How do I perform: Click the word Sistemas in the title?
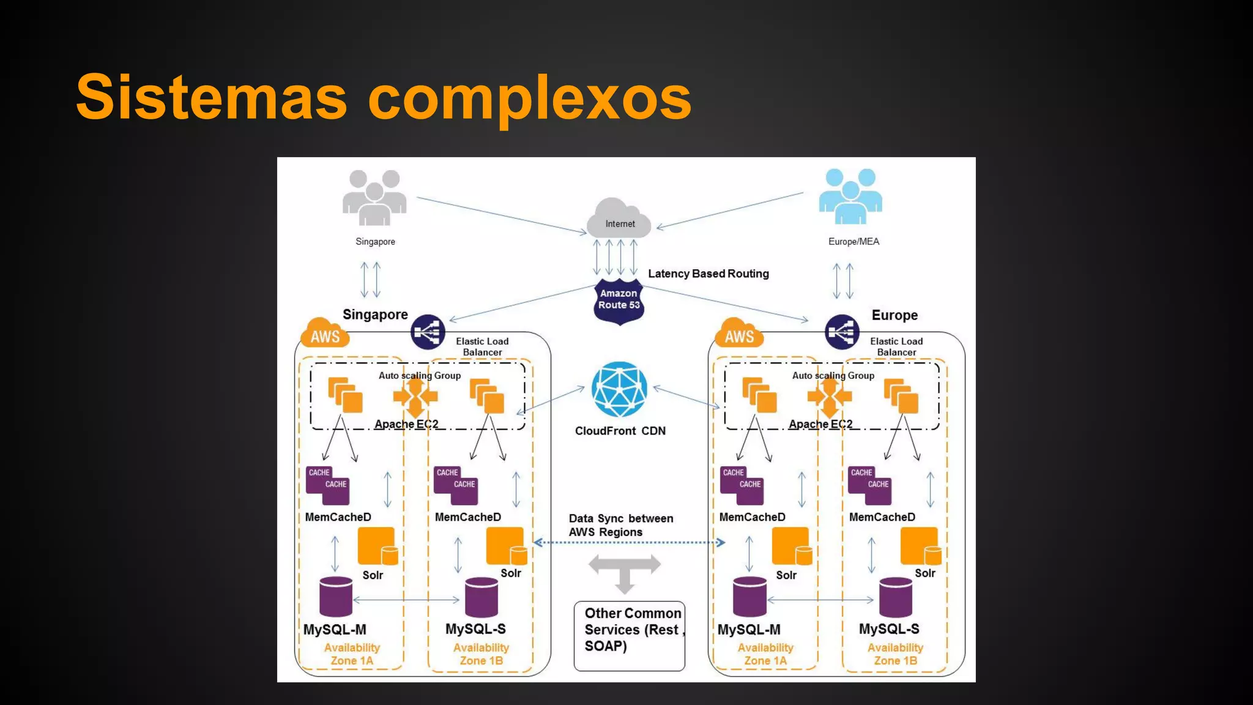pos(211,98)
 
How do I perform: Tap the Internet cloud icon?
pos(619,219)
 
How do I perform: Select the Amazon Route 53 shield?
pos(619,300)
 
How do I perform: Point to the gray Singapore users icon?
pos(374,197)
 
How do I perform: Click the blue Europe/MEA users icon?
pos(850,196)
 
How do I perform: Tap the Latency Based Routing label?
pos(708,274)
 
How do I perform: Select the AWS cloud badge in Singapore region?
pos(324,334)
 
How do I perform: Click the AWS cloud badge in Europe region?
pos(739,334)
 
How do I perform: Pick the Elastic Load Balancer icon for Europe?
pos(842,332)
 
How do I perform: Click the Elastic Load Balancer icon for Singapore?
pos(428,332)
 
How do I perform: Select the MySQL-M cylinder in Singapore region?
pos(336,597)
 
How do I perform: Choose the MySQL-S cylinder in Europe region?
pos(896,597)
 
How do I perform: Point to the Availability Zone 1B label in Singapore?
pos(481,654)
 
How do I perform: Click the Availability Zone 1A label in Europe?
pos(765,654)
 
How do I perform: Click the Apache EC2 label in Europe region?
pos(820,424)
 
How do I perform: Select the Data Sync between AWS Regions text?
pos(620,525)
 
